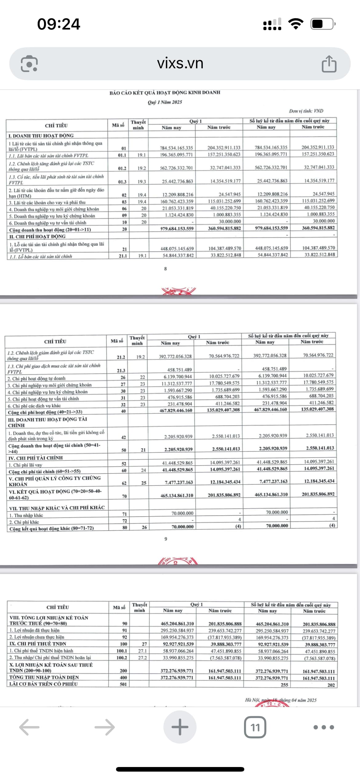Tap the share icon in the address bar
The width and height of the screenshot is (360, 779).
click(x=329, y=64)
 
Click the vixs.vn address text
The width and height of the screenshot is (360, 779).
click(x=180, y=63)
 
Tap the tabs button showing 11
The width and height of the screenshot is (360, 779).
click(x=255, y=727)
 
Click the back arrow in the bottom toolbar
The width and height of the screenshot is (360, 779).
click(x=30, y=727)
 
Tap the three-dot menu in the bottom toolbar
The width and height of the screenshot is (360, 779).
click(x=323, y=727)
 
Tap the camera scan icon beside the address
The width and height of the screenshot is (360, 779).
click(x=29, y=64)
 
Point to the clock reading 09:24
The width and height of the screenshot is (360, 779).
click(x=58, y=24)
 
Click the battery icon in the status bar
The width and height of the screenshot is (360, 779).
click(x=322, y=24)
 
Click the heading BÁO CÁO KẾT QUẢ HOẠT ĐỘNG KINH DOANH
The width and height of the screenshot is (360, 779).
click(x=165, y=92)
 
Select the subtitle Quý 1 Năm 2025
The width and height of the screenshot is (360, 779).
click(x=165, y=102)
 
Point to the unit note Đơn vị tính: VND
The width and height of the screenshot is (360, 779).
click(x=306, y=111)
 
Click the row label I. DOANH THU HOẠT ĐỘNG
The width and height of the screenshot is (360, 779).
click(x=41, y=135)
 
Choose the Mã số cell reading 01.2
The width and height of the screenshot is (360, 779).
click(x=122, y=168)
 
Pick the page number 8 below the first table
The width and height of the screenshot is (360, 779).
click(x=165, y=269)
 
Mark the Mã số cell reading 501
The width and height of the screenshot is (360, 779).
click(x=123, y=684)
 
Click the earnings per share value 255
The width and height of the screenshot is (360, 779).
click(x=284, y=685)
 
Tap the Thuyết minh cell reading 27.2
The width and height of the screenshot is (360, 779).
click(x=142, y=658)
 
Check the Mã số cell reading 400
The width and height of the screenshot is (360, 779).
click(x=123, y=677)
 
